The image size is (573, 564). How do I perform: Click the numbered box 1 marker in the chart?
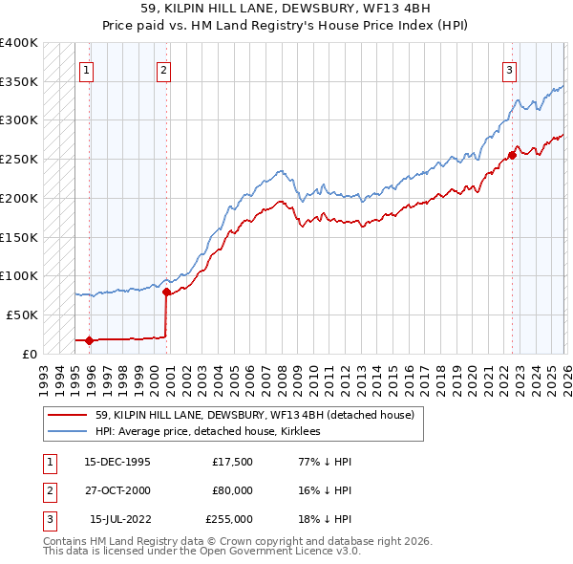click(x=87, y=70)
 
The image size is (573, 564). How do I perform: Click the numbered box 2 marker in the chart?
click(x=164, y=70)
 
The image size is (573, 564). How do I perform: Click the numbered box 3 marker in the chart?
click(x=510, y=70)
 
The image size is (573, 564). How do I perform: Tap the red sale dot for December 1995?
click(x=90, y=339)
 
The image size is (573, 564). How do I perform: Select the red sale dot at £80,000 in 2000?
click(x=166, y=292)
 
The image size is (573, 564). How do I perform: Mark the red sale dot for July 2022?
click(x=513, y=156)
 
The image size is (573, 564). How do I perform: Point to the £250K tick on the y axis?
click(x=19, y=159)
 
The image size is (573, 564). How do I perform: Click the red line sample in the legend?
click(x=67, y=416)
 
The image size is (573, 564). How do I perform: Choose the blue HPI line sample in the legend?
click(x=67, y=432)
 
